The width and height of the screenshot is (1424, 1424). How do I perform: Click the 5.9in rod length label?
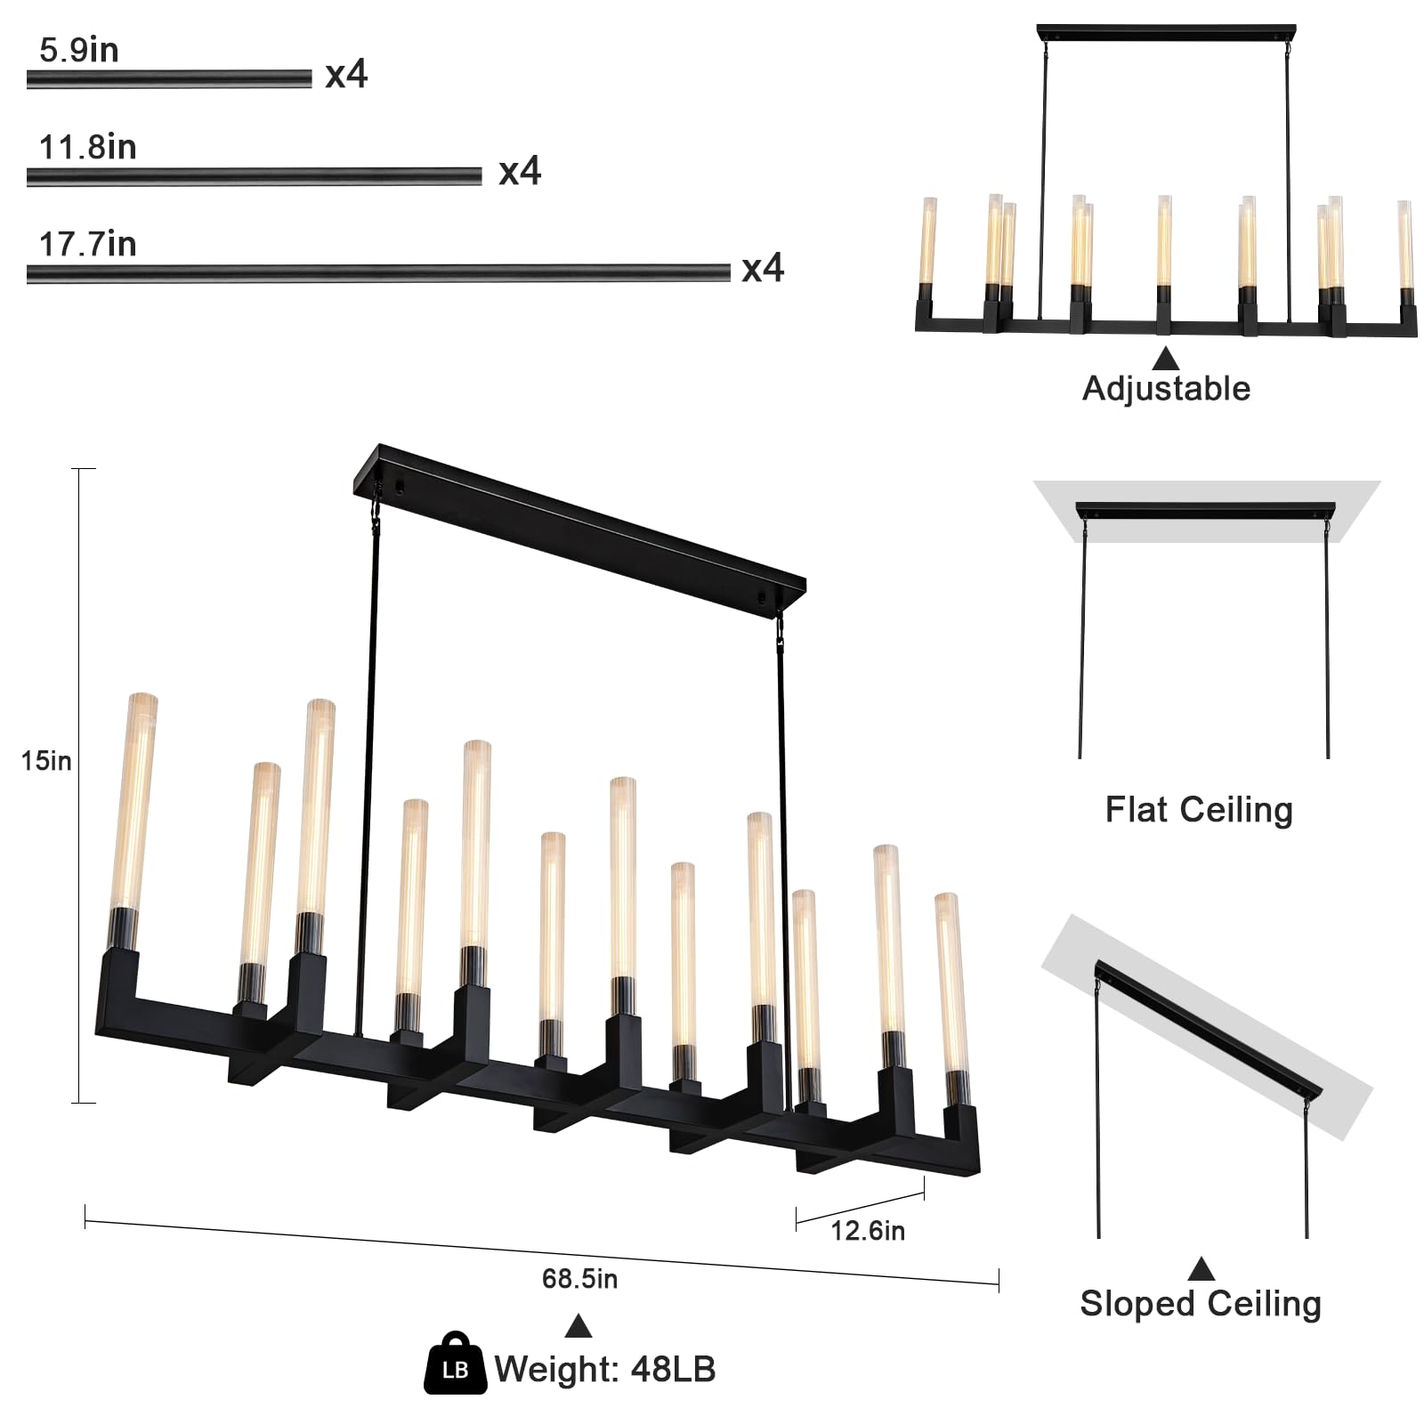point(78,51)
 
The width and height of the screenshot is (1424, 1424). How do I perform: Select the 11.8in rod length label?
point(87,148)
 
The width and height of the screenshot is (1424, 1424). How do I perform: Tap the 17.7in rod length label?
point(87,244)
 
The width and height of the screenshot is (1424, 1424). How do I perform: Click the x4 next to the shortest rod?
point(346,75)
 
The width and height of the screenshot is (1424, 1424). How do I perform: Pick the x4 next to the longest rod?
point(763,268)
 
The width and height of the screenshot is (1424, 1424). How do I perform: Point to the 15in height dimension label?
point(45,761)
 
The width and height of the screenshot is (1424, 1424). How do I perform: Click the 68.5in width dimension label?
point(579,1279)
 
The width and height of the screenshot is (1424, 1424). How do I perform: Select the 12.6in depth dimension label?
point(868,1231)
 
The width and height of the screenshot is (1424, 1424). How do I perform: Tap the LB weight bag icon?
point(455,1363)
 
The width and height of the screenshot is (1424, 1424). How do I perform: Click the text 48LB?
point(673,1370)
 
